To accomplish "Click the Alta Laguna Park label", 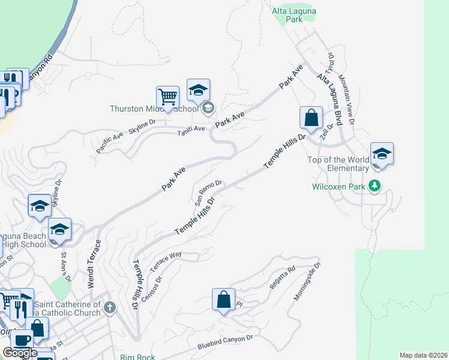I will [x=295, y=15].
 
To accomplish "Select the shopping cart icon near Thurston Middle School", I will [x=168, y=97].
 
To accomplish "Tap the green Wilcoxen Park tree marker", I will [x=375, y=186].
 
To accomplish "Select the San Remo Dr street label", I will [x=208, y=190].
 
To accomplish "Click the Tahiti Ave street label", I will [x=191, y=128].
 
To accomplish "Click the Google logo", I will [x=20, y=353].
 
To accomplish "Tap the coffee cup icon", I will [x=22, y=340].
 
